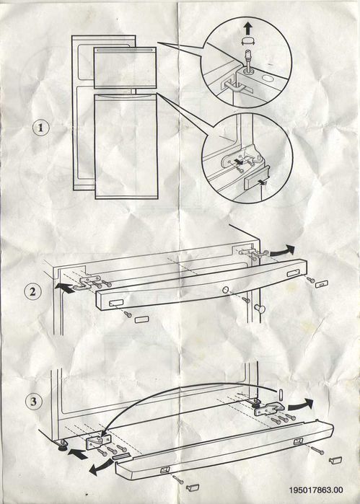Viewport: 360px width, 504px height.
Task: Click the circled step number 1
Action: point(41,128)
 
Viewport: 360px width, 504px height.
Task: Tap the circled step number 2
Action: point(32,292)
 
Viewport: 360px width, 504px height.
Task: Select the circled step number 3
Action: point(33,402)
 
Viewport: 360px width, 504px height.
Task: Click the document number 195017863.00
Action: point(316,490)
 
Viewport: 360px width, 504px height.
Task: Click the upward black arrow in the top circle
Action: point(247,28)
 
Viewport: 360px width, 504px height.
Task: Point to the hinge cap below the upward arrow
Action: point(247,41)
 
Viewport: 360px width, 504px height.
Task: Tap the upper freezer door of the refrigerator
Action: point(125,68)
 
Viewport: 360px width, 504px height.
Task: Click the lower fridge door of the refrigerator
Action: point(126,146)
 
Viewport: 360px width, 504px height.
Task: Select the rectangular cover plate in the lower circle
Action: point(256,182)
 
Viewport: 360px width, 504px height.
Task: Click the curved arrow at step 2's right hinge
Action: point(283,250)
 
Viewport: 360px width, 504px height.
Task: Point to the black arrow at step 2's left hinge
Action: point(66,288)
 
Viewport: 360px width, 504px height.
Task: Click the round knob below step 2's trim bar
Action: point(260,309)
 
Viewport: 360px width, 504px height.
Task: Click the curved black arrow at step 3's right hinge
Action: point(300,404)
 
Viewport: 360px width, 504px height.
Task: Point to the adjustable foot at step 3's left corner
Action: point(63,445)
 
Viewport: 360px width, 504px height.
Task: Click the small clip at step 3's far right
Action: point(335,460)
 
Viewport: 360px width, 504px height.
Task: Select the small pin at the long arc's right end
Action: point(281,394)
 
